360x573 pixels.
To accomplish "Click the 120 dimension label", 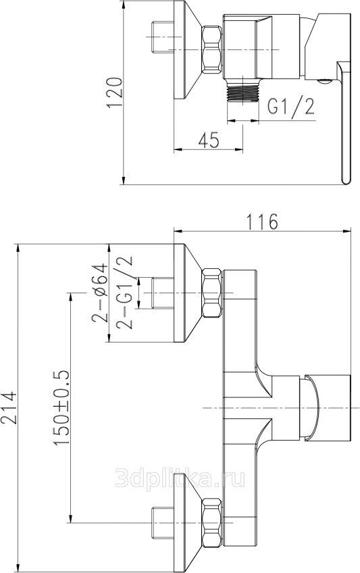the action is coord(113,93).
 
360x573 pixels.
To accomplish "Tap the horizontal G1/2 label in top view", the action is coord(291,106).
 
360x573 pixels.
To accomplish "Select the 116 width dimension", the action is coord(262,222).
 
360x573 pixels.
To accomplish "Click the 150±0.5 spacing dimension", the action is coord(61,407).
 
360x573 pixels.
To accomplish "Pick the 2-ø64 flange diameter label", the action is coord(100,293).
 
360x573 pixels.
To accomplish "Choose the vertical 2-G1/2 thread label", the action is coord(124,293).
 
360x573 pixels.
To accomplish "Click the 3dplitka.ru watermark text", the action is coord(180,478).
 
